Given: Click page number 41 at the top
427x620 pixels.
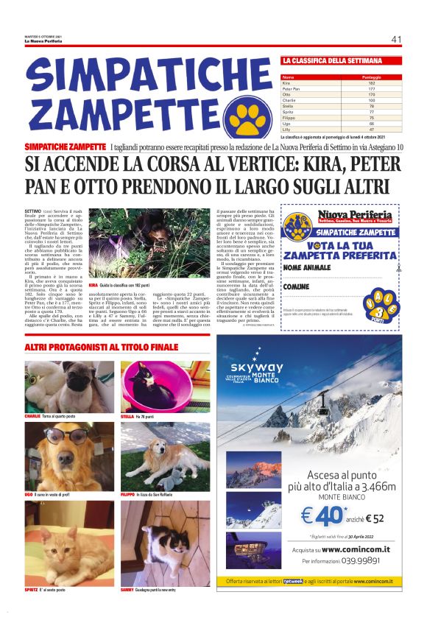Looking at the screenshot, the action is coord(396,39).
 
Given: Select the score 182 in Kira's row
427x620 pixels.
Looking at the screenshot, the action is coord(371,83).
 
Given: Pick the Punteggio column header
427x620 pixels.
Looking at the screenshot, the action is coord(371,77).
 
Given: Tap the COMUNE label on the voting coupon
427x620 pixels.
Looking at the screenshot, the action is coord(297,286).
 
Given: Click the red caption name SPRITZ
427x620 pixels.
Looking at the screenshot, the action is coord(31,590).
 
